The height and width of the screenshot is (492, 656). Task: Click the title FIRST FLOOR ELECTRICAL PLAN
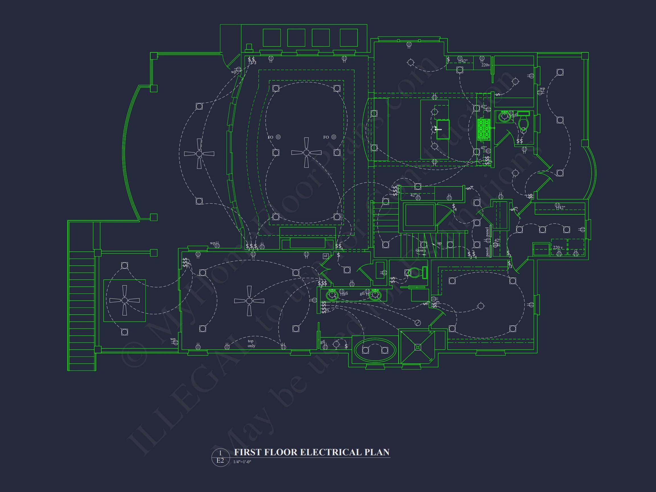point(311,452)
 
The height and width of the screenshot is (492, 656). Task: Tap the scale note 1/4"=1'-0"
point(242,462)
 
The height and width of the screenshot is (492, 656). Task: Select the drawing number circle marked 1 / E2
point(220,457)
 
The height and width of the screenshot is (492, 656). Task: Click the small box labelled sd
point(325,256)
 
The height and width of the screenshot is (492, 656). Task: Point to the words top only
point(251,343)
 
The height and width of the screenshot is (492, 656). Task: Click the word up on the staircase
point(439,243)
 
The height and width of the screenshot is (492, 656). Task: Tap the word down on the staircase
point(421,250)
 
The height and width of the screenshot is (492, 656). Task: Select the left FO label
point(270,137)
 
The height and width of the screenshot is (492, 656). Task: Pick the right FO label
point(326,137)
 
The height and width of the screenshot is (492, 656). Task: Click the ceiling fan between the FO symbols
point(306,153)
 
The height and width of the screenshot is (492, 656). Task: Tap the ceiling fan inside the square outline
point(124,300)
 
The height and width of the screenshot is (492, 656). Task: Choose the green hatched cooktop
point(483,130)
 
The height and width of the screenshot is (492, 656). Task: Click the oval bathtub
point(375,350)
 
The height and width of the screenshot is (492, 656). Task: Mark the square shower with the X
point(418,347)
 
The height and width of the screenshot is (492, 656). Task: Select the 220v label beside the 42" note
point(485,65)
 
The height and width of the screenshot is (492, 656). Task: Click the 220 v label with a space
point(557,247)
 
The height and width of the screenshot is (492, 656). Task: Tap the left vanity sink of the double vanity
point(332,295)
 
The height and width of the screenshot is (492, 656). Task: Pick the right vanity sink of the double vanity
point(375,295)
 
